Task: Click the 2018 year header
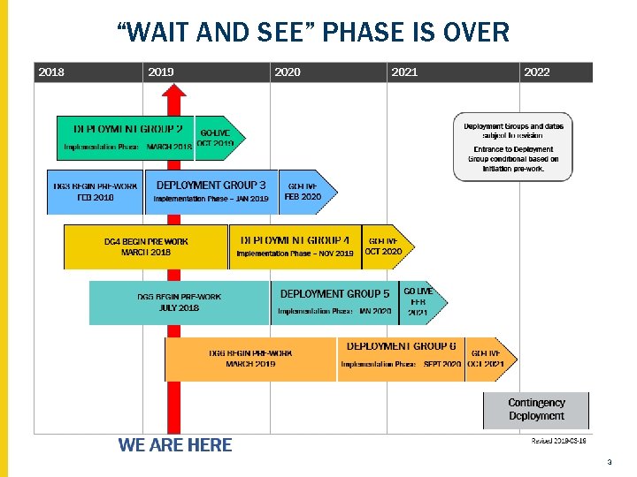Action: point(51,72)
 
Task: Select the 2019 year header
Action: point(161,72)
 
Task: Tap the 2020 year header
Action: point(288,72)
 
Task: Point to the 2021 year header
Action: point(404,72)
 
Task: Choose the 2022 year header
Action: point(537,72)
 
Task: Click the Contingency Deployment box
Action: point(536,410)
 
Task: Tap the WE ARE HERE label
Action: point(175,445)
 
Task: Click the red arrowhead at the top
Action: point(175,93)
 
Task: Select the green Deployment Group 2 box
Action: point(125,137)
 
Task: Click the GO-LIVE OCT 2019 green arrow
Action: point(217,138)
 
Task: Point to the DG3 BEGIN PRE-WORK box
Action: point(95,192)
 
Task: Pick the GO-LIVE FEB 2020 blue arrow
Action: point(306,192)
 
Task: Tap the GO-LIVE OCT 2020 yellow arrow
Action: point(386,246)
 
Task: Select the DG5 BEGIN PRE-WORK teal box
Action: point(179,302)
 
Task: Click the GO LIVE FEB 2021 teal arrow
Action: point(421,302)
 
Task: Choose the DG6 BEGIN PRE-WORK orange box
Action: point(250,359)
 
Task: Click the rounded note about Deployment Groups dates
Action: point(513,147)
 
